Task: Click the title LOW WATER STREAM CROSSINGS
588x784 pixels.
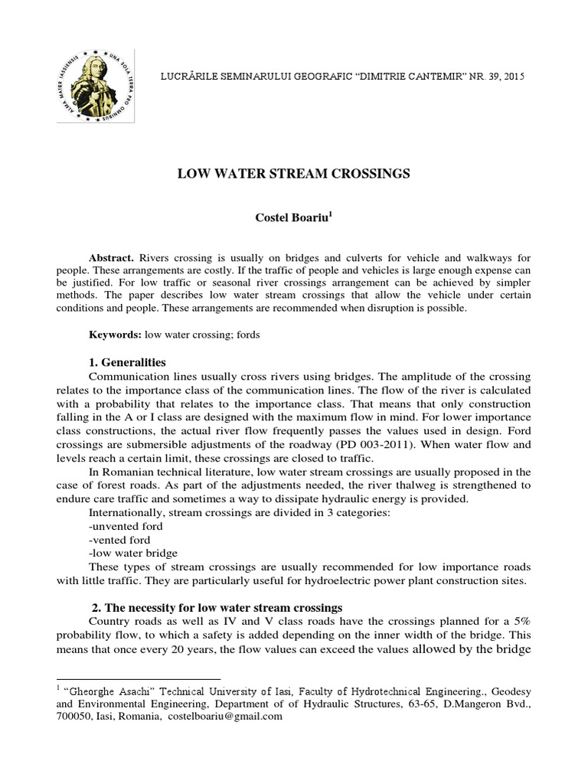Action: (x=293, y=174)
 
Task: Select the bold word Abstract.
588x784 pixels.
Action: (x=112, y=258)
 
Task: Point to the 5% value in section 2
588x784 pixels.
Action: (x=518, y=622)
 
